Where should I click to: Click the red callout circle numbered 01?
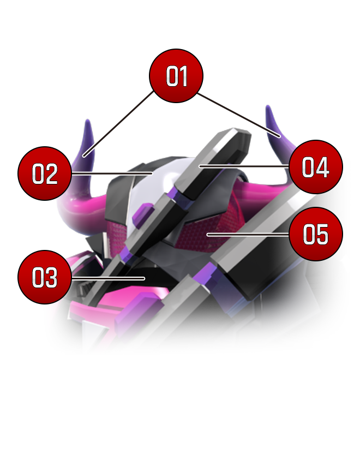[x=176, y=76]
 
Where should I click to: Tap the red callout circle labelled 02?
[x=45, y=174]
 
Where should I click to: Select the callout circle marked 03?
[x=45, y=278]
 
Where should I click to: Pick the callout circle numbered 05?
[x=315, y=235]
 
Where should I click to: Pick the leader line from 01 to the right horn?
[x=240, y=115]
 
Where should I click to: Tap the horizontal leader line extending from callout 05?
[x=248, y=235]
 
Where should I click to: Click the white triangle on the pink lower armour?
[x=92, y=331]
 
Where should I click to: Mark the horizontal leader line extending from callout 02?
[x=112, y=174]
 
